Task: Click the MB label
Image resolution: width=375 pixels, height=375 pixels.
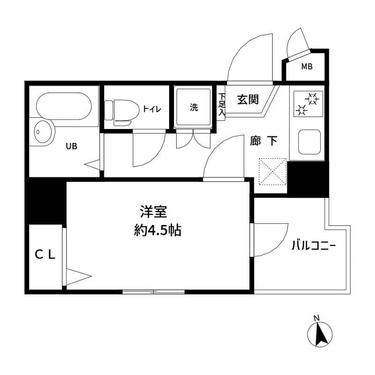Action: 307,67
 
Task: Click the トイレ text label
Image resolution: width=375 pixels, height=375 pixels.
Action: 152,109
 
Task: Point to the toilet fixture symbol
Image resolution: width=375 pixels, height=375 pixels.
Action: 118,112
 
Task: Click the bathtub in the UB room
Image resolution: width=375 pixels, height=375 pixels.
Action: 63,105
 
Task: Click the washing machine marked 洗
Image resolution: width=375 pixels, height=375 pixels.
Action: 194,107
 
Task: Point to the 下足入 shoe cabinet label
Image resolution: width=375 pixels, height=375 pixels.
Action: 222,105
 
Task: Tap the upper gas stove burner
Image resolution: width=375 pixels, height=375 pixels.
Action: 313,98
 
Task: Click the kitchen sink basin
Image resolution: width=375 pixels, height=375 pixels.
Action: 309,141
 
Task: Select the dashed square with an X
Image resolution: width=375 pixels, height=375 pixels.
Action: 272,171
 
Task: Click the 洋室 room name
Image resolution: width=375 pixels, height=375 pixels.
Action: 153,212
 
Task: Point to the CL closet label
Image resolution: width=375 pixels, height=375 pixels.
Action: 46,255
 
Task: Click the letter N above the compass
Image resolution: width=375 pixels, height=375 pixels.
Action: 316,319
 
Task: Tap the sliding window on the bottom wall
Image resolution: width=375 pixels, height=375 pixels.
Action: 153,292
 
